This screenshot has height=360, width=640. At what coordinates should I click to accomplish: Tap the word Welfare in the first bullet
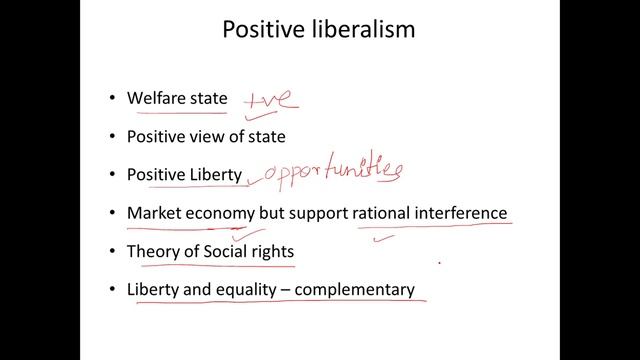click(156, 99)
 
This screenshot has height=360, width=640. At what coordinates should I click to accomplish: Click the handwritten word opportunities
click(329, 170)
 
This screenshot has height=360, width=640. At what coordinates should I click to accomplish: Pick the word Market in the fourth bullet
click(153, 213)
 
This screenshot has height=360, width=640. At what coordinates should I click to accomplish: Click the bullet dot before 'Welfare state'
click(111, 99)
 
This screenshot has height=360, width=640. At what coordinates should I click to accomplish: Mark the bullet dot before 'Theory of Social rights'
click(111, 251)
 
